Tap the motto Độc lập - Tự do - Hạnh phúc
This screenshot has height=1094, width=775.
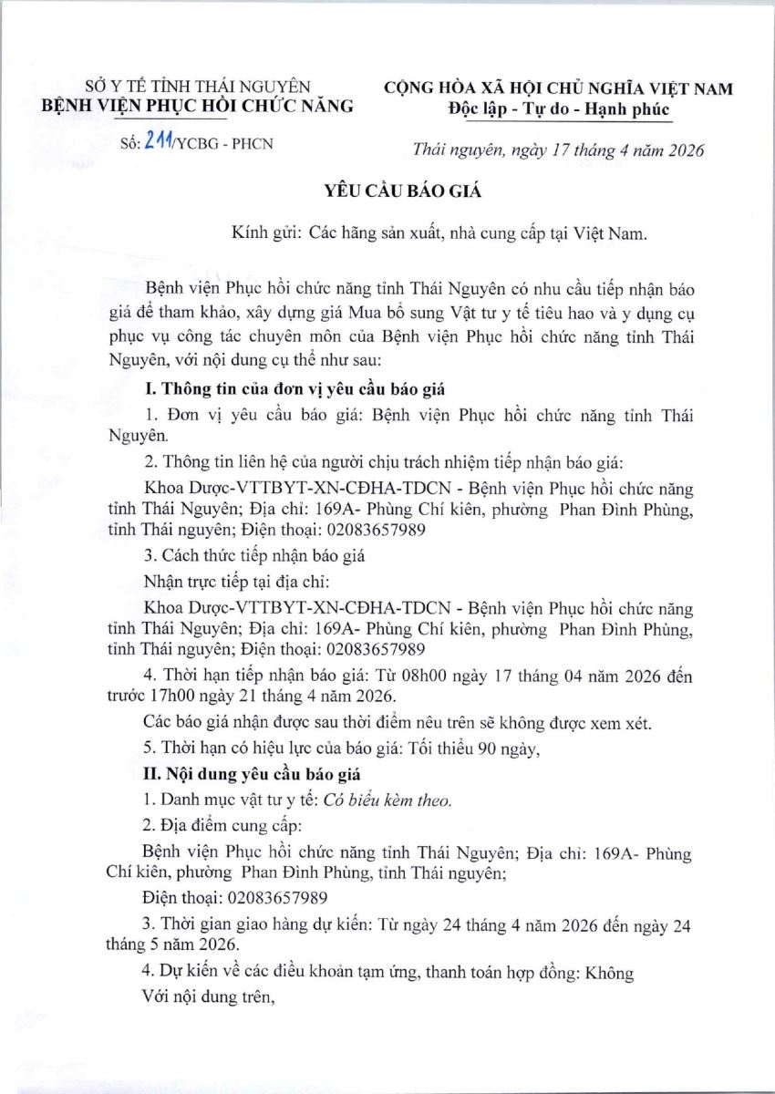[559, 110]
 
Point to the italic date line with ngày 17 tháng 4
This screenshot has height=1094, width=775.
[558, 150]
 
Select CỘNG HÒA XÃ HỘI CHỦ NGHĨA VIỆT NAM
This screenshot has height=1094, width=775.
[559, 89]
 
